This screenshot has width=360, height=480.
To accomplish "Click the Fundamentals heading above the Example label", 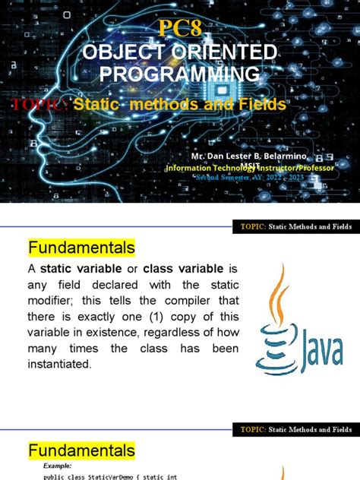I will pyautogui.click(x=81, y=451).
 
